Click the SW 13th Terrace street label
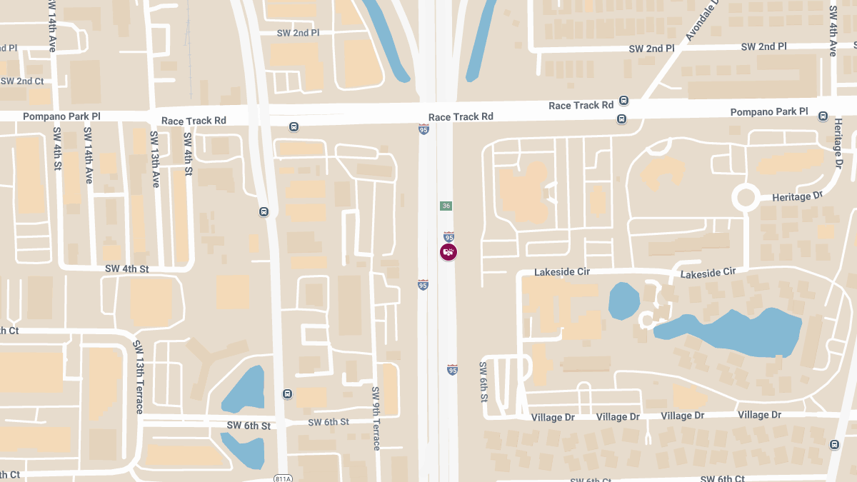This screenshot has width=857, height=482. [x=139, y=376]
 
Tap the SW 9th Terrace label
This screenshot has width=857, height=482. [x=376, y=418]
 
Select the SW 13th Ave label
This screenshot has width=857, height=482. [x=154, y=159]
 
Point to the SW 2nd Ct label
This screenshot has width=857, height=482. [x=21, y=81]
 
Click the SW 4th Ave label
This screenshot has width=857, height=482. [x=833, y=31]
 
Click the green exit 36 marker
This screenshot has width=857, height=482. [x=446, y=206]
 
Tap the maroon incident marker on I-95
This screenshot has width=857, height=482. [x=448, y=252]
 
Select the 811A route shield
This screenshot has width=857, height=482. [x=284, y=478]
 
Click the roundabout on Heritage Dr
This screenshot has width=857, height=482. [x=746, y=197]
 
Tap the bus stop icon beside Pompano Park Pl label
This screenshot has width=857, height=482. [x=823, y=116]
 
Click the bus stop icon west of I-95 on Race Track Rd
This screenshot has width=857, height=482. [x=294, y=127]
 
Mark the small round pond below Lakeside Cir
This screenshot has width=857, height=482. [x=623, y=301]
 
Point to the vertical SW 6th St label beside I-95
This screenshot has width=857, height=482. [x=483, y=381]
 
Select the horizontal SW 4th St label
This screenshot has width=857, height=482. [x=126, y=268]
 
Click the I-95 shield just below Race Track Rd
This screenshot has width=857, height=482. [x=424, y=129]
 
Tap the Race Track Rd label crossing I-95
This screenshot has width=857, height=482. [x=461, y=116]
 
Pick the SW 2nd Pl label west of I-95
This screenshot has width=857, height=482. [x=298, y=33]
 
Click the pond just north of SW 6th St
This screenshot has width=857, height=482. [x=244, y=389]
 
